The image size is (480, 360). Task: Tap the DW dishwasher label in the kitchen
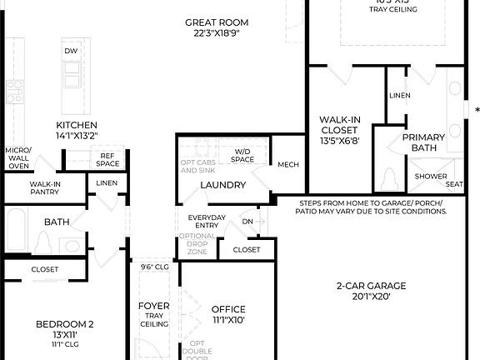click(x=71, y=52)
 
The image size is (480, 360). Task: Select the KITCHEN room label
click(x=77, y=124)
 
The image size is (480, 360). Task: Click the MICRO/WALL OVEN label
click(x=17, y=157)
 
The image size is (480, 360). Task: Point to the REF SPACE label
click(x=107, y=159)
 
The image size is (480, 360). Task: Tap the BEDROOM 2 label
click(x=64, y=324)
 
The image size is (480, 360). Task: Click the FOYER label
click(x=153, y=306)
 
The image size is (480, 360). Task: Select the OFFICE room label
click(x=228, y=309)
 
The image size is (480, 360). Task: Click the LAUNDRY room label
click(x=222, y=185)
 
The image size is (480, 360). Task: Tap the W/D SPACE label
click(x=242, y=155)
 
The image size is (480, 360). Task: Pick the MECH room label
click(x=287, y=164)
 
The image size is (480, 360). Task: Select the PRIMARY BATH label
click(x=423, y=142)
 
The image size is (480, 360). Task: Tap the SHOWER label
click(x=430, y=176)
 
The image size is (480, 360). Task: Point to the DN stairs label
click(x=247, y=222)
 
